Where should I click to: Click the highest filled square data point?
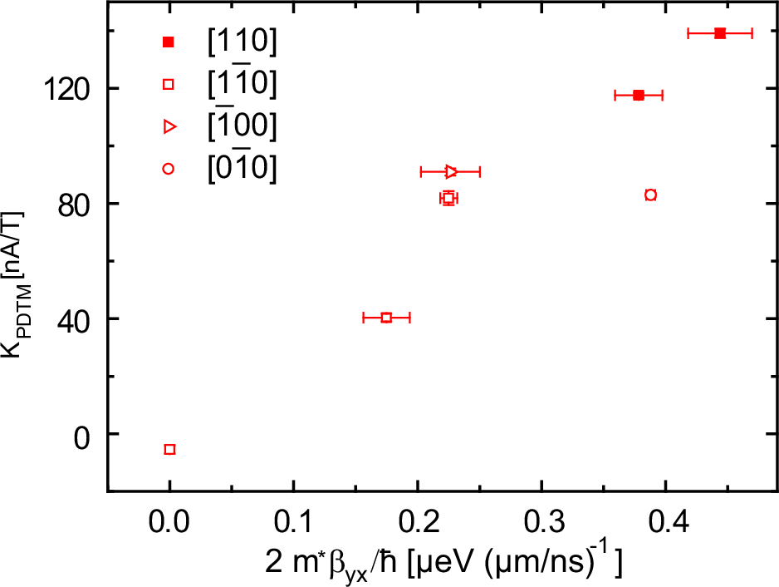720,33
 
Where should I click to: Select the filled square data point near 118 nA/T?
638,96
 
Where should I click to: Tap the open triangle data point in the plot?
451,172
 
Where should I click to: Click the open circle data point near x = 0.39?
650,195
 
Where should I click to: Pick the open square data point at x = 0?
170,449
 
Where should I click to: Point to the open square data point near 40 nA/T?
386,318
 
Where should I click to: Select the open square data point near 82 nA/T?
448,198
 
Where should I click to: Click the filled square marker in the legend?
169,42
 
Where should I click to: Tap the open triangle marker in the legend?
169,126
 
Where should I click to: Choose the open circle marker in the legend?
169,169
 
